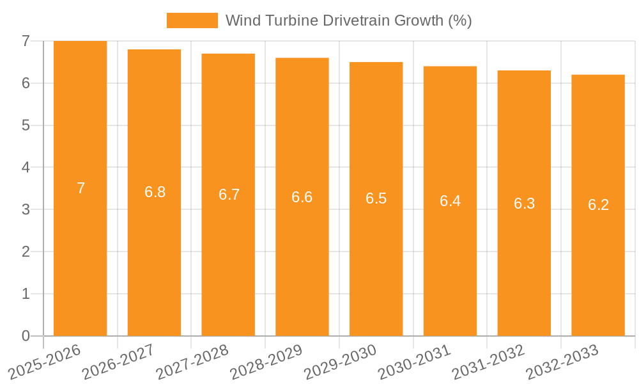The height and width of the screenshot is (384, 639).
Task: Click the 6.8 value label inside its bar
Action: [155, 192]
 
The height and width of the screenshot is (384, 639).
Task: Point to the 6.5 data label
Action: [376, 198]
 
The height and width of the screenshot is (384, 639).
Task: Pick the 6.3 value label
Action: [524, 204]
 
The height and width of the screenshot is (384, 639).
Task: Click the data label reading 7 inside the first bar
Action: [81, 188]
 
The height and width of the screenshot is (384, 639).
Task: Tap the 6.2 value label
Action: [598, 205]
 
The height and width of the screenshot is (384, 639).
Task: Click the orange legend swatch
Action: [192, 20]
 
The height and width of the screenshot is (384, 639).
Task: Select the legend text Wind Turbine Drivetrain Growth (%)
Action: [348, 20]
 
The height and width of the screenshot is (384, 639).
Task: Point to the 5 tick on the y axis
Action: [26, 125]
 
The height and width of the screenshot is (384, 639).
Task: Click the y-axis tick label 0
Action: [26, 336]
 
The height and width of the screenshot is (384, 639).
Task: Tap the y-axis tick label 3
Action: [26, 210]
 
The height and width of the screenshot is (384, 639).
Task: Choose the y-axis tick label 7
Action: [26, 41]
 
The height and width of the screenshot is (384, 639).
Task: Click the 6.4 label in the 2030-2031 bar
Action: [450, 201]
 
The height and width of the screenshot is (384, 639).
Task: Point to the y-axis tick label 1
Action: [26, 294]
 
